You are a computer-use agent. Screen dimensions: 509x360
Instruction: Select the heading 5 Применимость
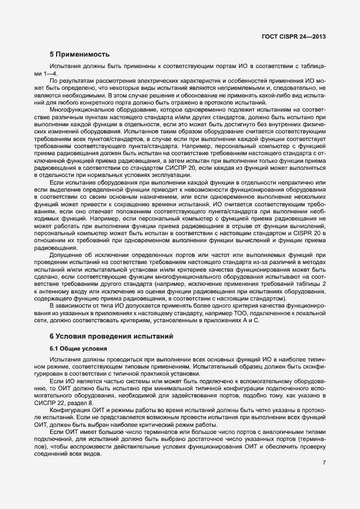point(80,54)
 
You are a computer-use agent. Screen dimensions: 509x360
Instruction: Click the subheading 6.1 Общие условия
point(78,348)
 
